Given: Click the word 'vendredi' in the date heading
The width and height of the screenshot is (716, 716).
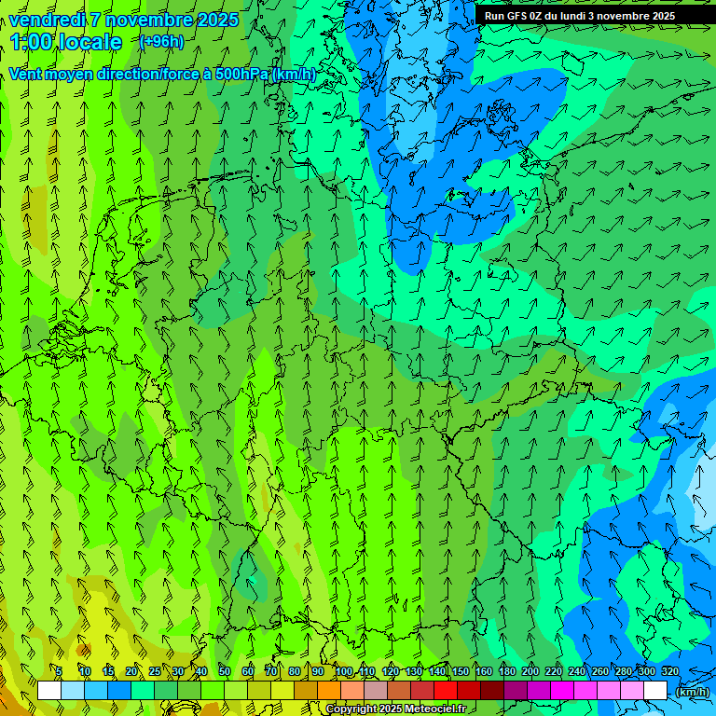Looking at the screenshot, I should [x=46, y=20].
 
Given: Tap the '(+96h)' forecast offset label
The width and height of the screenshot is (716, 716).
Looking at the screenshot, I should [x=160, y=42].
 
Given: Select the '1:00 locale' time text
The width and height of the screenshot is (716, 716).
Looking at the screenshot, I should [x=66, y=42].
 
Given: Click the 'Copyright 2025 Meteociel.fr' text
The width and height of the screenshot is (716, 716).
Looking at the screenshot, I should [x=395, y=709].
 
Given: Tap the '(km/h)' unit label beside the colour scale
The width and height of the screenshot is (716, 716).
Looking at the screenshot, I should [x=692, y=692].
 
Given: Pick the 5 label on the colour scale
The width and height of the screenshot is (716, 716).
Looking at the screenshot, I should [x=59, y=671].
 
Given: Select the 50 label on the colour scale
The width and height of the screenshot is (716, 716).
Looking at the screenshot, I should [x=224, y=671].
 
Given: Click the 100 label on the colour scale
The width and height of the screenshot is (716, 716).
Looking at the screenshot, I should [x=344, y=671].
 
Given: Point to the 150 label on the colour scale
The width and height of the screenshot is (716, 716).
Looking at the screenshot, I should [x=461, y=671].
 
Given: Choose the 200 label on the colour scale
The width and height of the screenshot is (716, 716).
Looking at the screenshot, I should [x=530, y=671].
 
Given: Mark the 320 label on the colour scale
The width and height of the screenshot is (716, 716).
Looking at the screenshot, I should [x=670, y=671].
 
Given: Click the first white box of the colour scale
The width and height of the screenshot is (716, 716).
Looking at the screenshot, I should [x=49, y=691].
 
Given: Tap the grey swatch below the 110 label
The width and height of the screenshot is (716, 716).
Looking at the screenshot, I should [x=376, y=691].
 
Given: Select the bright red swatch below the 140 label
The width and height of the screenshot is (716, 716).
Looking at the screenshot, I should [x=446, y=691].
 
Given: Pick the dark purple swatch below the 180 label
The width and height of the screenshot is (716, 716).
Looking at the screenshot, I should [x=516, y=691].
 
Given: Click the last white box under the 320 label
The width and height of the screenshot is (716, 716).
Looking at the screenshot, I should [x=655, y=691].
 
